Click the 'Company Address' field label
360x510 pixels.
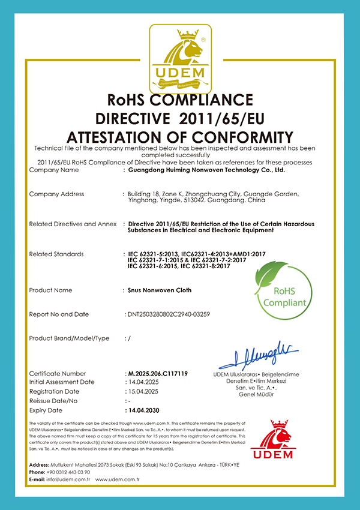56,194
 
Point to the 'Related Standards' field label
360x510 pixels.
56,254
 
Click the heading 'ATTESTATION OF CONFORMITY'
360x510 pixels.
180,136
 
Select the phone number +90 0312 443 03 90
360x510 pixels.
68,472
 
